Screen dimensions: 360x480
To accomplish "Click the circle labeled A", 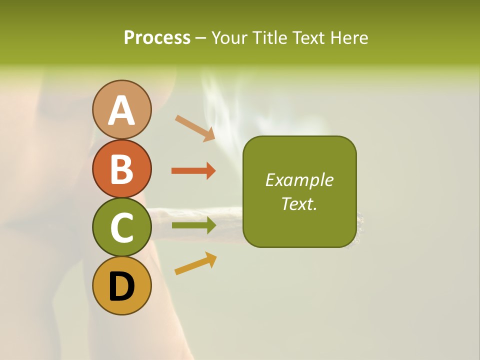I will click(x=121, y=109).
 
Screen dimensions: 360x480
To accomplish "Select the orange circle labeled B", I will click(x=121, y=168).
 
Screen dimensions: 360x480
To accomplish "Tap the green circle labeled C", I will click(x=121, y=227).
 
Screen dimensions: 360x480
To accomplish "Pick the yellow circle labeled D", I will click(x=121, y=285).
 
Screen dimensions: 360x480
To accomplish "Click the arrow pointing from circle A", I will click(x=195, y=128).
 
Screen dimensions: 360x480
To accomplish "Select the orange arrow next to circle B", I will click(x=193, y=171).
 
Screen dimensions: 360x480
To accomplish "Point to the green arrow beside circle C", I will click(x=193, y=225).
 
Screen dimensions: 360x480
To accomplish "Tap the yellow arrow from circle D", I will click(x=195, y=263).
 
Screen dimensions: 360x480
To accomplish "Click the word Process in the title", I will click(x=157, y=37).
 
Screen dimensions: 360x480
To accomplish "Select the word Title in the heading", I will click(x=269, y=37).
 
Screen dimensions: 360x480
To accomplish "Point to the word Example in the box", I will click(x=299, y=180).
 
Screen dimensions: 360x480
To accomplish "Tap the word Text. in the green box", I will click(x=299, y=203).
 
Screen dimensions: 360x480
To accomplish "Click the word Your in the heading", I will click(x=230, y=37).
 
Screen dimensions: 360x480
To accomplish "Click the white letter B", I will click(x=121, y=169).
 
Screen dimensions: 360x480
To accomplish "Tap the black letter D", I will click(x=121, y=286).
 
